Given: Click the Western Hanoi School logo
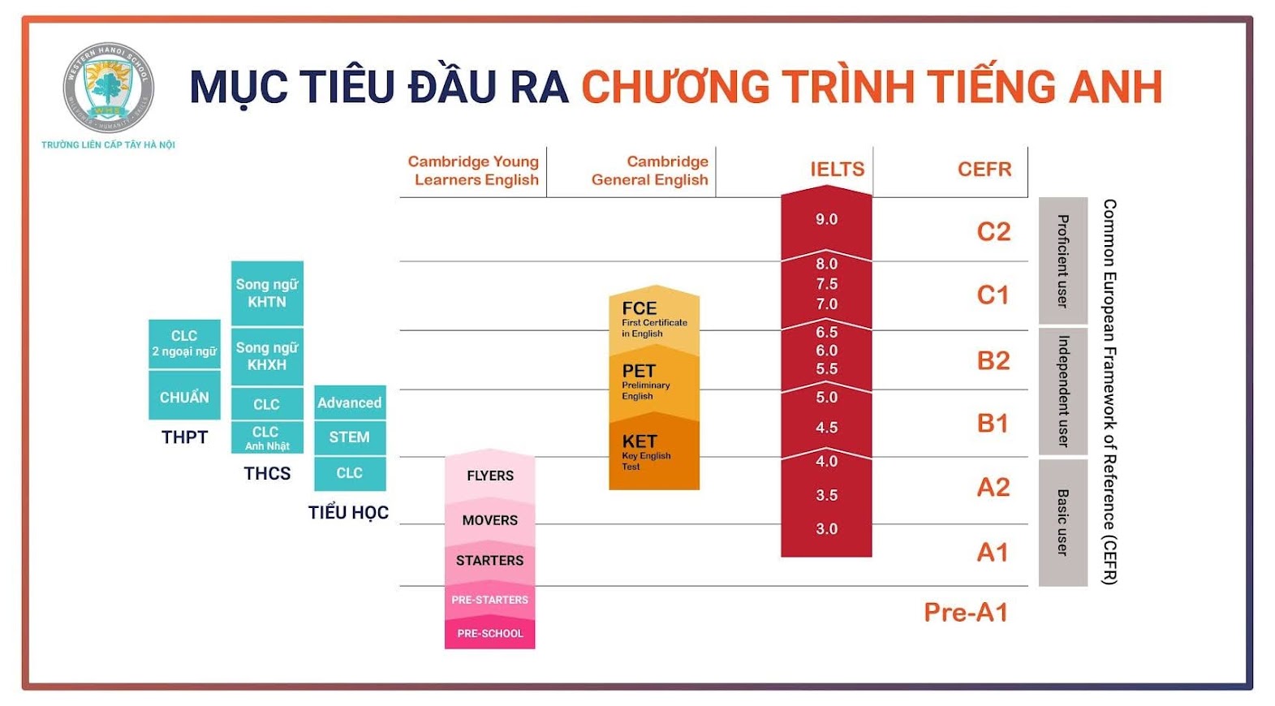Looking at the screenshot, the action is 108,88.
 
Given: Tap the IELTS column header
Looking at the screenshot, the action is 837,169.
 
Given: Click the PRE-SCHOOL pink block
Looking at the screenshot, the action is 489,633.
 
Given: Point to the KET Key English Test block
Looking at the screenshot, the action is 654,453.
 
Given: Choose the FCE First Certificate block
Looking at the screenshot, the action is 654,320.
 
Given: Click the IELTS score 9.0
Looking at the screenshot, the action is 826,219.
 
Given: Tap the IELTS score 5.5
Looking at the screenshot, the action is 826,369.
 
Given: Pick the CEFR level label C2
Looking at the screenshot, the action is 993,231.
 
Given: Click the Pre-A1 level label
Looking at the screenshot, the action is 966,613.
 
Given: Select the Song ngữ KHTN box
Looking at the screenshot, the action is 267,293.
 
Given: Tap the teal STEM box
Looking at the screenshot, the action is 350,437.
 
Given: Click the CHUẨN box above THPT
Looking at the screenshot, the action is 184,396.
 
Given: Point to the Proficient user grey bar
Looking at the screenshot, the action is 1062,260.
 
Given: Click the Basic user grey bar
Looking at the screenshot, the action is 1062,523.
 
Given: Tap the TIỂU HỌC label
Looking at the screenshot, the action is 348,512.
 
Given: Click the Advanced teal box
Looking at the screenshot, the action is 350,402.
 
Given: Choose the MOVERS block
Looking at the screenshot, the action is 489,520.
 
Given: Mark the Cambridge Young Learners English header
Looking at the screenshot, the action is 473,170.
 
